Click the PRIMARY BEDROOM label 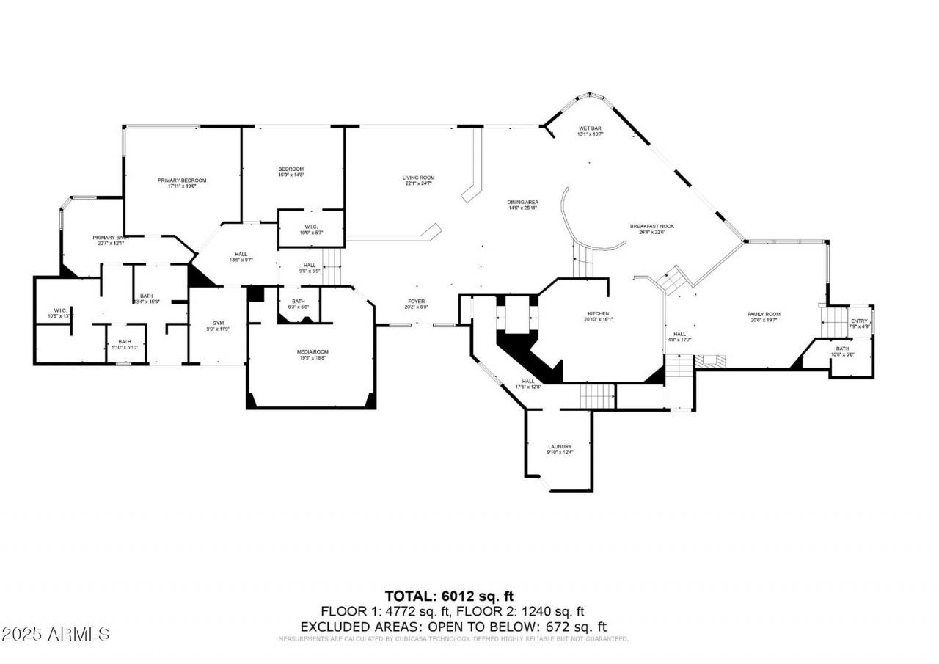[x=182, y=180]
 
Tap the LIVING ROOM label [x=418, y=178]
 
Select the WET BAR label [x=590, y=128]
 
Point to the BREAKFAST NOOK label [x=651, y=226]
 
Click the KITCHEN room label [x=598, y=314]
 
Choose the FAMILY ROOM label [x=763, y=314]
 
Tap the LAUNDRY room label [x=559, y=447]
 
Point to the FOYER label [x=417, y=302]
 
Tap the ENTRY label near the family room [x=858, y=321]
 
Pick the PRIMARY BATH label [x=111, y=238]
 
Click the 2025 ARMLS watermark [x=56, y=633]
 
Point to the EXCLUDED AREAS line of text [x=453, y=627]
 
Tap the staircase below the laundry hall [x=596, y=396]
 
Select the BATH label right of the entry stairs [x=842, y=349]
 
